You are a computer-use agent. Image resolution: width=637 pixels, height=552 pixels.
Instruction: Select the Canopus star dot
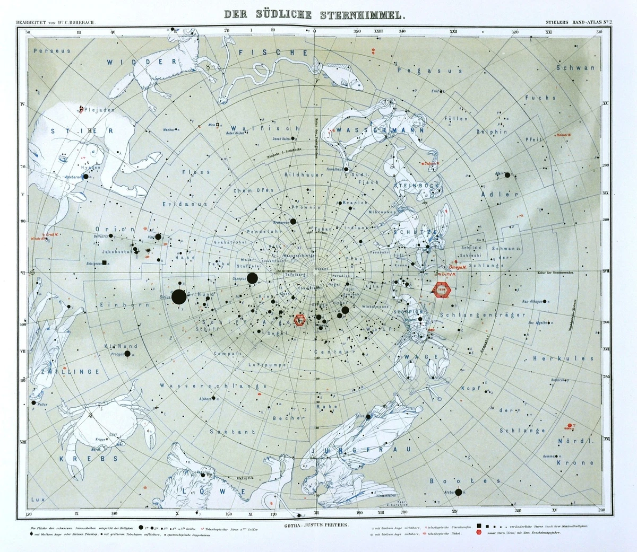pos(252,278)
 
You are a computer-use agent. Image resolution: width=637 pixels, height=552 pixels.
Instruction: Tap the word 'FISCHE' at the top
pos(273,52)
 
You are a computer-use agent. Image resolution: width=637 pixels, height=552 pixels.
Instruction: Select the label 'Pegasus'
pos(422,69)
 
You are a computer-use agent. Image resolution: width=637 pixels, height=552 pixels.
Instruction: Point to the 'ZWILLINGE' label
pos(68,372)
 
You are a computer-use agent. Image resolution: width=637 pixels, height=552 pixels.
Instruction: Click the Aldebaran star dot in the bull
pos(86,177)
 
